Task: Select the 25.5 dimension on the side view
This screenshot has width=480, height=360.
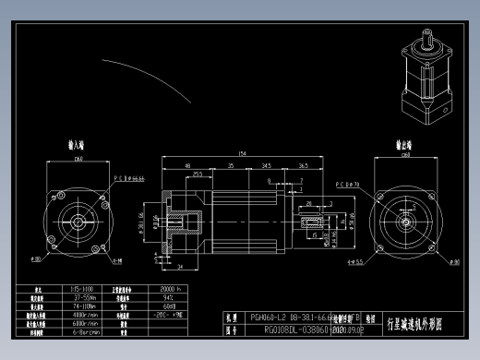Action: point(198,174)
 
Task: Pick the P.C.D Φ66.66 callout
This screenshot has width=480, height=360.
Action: point(128,177)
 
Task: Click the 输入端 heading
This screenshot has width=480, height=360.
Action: point(78,145)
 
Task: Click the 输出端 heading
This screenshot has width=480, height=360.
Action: point(403,145)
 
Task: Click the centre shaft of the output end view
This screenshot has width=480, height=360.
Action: point(403,222)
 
